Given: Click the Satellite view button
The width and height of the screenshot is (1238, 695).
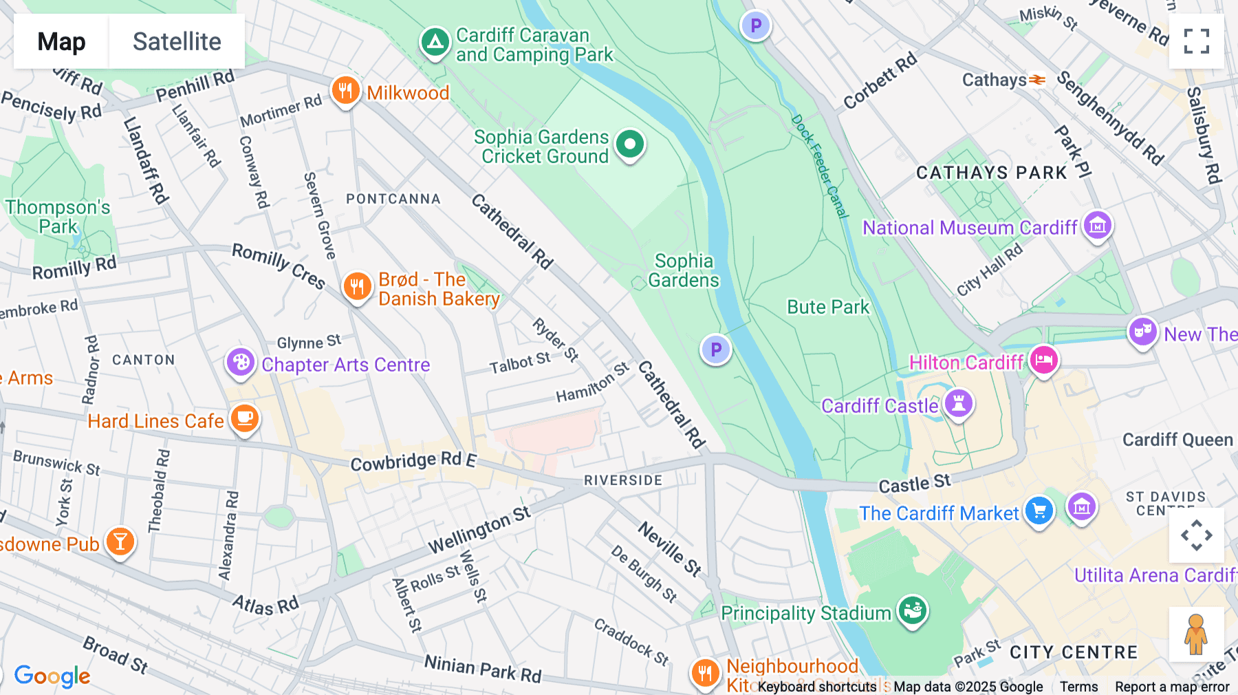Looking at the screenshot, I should tap(177, 41).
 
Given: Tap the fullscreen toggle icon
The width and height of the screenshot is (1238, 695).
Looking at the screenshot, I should tap(1196, 41).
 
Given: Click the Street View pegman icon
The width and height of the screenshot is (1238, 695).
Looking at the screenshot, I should tap(1196, 634).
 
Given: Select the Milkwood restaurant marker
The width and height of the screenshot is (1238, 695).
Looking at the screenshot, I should tap(345, 90).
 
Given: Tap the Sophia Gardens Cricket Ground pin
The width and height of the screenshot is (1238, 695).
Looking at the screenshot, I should tap(629, 145).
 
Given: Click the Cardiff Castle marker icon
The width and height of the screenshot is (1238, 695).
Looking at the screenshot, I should tap(958, 403).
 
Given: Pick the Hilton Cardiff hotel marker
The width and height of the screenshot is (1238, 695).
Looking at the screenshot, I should tap(1043, 360).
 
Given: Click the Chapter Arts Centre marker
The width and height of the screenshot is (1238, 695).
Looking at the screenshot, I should tap(241, 362).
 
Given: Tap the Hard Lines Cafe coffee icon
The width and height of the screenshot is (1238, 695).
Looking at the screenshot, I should tap(244, 418).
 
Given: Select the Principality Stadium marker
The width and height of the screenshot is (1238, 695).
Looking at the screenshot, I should tap(913, 610).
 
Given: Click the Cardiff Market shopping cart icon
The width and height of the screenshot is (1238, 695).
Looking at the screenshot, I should tap(1039, 511).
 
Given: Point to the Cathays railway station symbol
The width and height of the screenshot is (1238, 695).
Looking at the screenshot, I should tap(1037, 81).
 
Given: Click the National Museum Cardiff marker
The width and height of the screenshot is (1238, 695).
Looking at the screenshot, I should tap(1097, 225).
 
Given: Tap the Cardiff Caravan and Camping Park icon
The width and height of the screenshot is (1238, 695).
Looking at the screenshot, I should tap(435, 43).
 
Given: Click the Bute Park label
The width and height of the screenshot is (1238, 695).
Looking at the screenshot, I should tap(828, 307).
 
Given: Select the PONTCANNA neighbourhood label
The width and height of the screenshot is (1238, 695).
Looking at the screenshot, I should tap(393, 199).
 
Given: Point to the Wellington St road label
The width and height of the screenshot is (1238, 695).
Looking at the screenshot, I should tap(479, 529).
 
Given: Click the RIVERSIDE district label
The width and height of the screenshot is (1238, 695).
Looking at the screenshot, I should tap(623, 480).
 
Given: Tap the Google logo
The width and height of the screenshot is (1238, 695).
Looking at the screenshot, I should tap(52, 676).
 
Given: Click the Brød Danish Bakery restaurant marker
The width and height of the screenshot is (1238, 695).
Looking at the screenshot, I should tap(357, 286).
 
